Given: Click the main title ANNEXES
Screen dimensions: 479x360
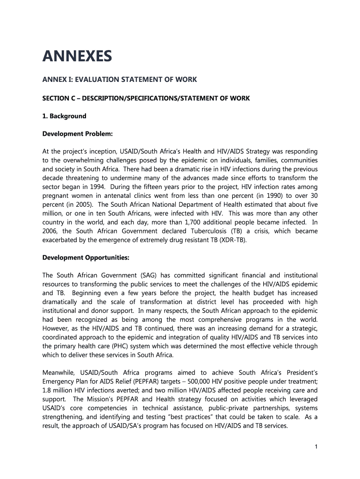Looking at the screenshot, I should pyautogui.click(x=77, y=57).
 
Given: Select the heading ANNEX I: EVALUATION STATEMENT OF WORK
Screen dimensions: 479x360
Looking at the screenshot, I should pyautogui.click(x=120, y=80).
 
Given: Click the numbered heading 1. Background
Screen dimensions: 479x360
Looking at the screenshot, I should pyautogui.click(x=65, y=116).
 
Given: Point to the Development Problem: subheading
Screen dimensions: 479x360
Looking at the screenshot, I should pyautogui.click(x=78, y=134).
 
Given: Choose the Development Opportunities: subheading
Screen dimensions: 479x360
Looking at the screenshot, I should pyautogui.click(x=86, y=257).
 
